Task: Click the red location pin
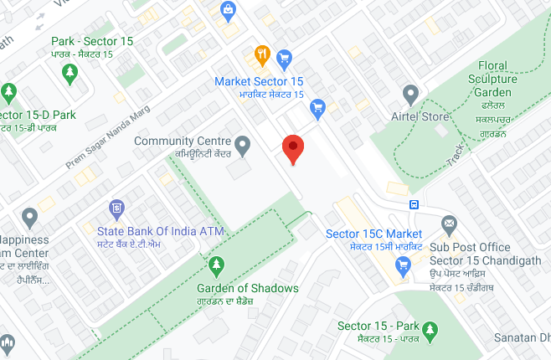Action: [292, 148]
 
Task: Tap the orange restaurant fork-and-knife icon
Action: [262, 55]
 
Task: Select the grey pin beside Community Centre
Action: [243, 146]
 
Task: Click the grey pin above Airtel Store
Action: [410, 94]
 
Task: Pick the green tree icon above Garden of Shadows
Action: [216, 265]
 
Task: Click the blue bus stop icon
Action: [415, 204]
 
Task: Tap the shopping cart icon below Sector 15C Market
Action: [403, 265]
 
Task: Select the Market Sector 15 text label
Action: [259, 81]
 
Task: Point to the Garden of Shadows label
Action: [241, 288]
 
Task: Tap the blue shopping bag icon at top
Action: [227, 10]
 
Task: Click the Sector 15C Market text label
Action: [373, 233]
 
